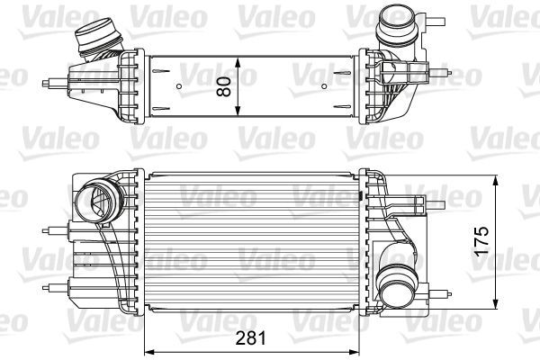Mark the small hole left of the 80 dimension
pos(180,87)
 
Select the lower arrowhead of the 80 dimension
pos(236,113)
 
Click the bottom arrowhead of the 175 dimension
pos(496,305)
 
